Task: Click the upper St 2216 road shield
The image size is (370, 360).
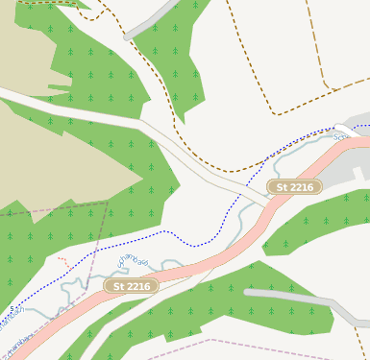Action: pyautogui.click(x=294, y=186)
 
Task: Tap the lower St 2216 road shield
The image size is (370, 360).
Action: pyautogui.click(x=131, y=286)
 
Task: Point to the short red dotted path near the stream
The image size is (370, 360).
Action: pyautogui.click(x=63, y=260)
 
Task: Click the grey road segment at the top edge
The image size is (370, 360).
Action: pyautogui.click(x=154, y=19)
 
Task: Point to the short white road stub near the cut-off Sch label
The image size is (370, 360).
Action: pyautogui.click(x=343, y=128)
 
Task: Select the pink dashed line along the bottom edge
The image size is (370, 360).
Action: pyautogui.click(x=240, y=342)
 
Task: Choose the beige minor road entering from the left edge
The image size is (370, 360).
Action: pyautogui.click(x=38, y=102)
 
